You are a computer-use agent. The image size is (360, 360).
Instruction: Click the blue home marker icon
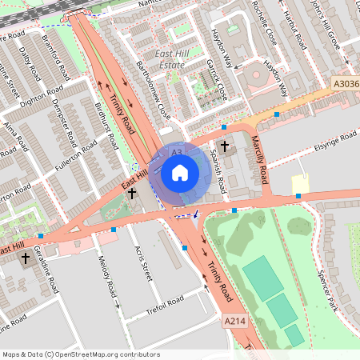coord(180,171)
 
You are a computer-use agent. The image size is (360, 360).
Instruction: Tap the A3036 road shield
coord(345,82)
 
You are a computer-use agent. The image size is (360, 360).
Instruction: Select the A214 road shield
coord(234,321)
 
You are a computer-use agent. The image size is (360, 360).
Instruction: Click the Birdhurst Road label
coord(106,126)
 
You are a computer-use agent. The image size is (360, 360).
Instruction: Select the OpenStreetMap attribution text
coord(81,354)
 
